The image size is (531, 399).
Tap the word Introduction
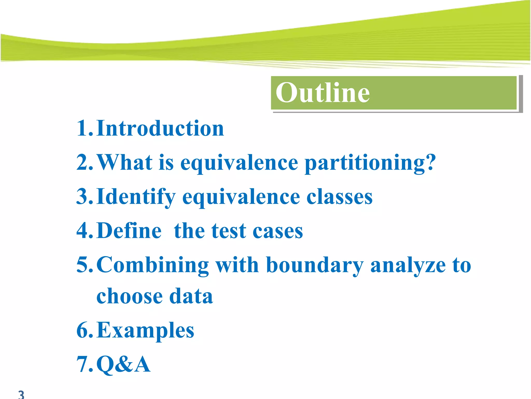(160, 128)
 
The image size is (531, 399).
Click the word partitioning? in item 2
(370, 163)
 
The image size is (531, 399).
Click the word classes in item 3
(339, 197)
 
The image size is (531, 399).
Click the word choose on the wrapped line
(129, 296)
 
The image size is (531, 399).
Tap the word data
(191, 296)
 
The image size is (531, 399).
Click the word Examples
(145, 331)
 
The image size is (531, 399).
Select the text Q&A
(123, 364)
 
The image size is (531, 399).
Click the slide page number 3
(21, 394)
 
